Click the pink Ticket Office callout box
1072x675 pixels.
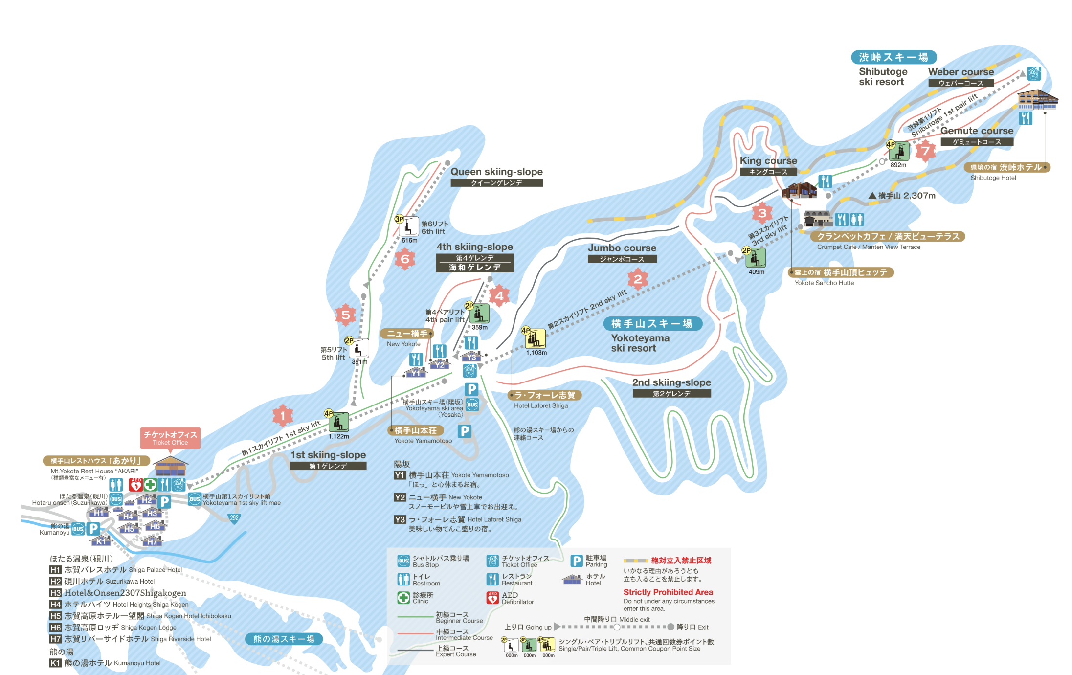coord(170,438)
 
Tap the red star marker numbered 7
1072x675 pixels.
coord(925,151)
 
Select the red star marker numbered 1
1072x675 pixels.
coord(282,416)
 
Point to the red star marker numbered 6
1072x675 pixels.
coord(405,259)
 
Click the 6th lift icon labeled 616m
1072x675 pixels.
coord(409,226)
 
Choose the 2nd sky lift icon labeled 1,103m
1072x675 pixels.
coord(535,338)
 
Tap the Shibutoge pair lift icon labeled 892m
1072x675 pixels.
coord(899,151)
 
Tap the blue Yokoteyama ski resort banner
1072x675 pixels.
coord(652,324)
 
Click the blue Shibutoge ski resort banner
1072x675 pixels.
coord(893,57)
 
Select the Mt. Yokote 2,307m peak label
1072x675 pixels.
coord(902,196)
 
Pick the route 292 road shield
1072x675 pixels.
coord(235,518)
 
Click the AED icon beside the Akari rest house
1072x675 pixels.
coord(136,484)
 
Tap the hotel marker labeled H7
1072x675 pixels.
coord(153,541)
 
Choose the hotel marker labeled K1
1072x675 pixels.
coord(101,541)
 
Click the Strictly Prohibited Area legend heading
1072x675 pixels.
coord(668,592)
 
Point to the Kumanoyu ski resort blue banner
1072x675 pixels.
coord(284,639)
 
